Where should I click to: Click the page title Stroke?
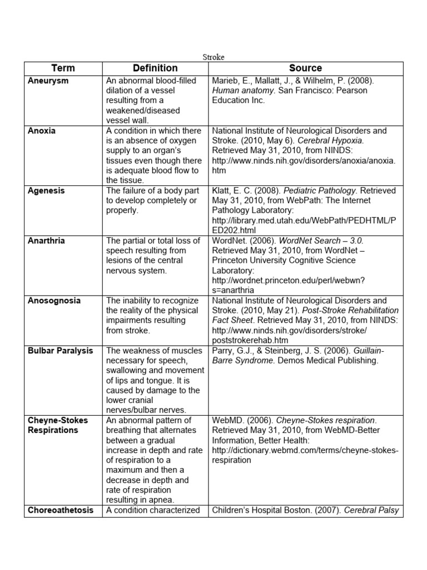click(x=213, y=57)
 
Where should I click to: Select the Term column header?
click(x=63, y=68)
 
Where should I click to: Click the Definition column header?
click(x=155, y=68)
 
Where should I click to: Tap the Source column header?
click(x=305, y=68)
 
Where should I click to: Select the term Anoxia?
click(x=42, y=131)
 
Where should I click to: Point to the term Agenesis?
click(x=46, y=191)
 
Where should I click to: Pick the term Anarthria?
click(x=46, y=241)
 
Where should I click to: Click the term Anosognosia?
click(x=54, y=301)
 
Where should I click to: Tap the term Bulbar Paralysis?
click(x=61, y=351)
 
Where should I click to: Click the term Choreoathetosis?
click(x=61, y=510)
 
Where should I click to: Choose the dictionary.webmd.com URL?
click(x=305, y=450)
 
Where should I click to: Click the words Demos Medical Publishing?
click(x=327, y=361)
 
